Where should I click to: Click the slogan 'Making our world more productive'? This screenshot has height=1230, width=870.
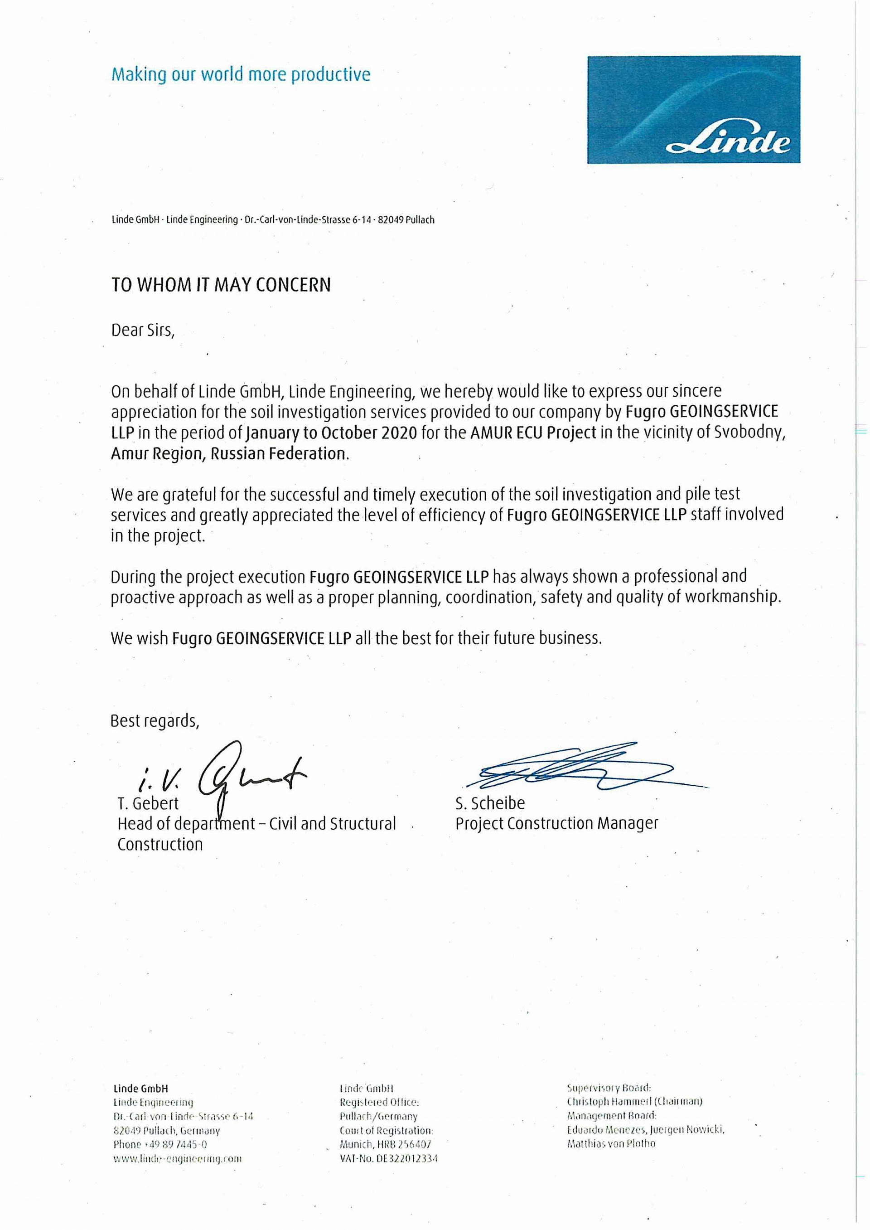click(x=241, y=74)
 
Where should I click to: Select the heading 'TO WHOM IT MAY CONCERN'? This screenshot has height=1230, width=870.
click(x=221, y=285)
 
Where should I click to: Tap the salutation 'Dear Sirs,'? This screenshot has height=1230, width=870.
click(x=142, y=330)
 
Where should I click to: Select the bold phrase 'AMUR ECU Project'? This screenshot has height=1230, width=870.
click(x=533, y=433)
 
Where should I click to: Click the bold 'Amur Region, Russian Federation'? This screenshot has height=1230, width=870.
click(x=229, y=453)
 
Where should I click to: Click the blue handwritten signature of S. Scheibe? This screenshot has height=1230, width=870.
click(x=579, y=770)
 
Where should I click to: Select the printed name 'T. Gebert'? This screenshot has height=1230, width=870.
click(x=148, y=803)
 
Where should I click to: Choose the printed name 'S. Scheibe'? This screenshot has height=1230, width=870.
click(x=490, y=803)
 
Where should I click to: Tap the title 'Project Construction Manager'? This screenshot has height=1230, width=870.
click(x=556, y=823)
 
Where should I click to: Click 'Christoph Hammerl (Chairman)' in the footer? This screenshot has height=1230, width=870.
click(x=635, y=1102)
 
